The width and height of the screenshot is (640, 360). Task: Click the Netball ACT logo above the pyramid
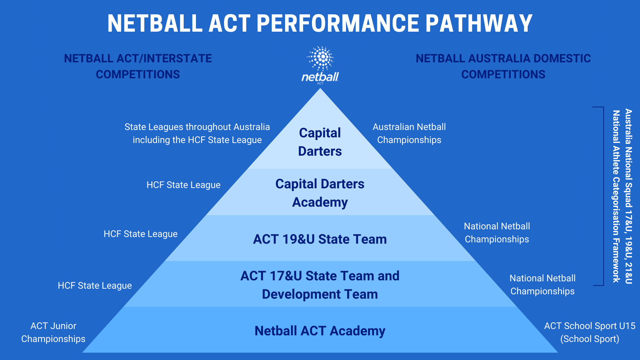coord(320,65)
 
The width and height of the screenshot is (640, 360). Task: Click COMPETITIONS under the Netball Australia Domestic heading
coord(503,74)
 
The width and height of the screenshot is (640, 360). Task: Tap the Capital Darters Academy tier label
coord(320,193)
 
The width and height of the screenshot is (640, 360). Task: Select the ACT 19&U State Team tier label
coord(320,239)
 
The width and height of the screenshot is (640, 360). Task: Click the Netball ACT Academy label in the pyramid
coord(320,331)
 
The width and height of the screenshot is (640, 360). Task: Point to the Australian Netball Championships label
coord(409,133)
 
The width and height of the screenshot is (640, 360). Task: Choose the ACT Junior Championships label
coord(53,332)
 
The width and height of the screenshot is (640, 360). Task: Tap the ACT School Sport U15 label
coord(590,326)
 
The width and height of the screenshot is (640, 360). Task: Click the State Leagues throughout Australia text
coord(197,127)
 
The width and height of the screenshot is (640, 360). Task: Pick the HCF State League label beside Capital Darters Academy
coord(183,185)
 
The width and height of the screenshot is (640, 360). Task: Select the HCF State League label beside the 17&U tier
coord(95,286)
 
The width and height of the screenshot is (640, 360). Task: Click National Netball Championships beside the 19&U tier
coord(497,233)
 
